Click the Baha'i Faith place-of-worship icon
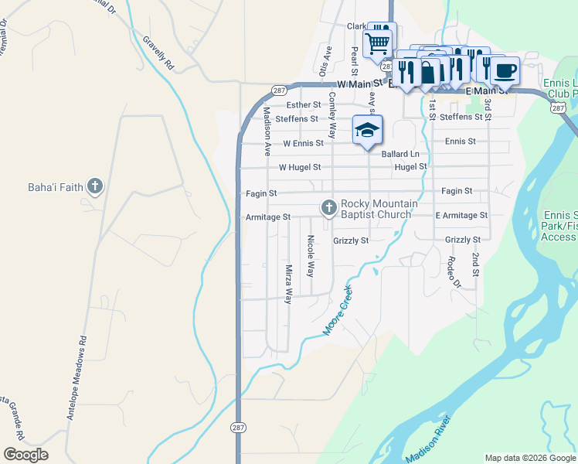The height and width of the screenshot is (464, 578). coord(94,186)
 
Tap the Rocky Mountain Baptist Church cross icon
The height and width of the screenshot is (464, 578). coord(329,206)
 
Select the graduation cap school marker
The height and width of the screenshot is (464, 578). coord(368,130)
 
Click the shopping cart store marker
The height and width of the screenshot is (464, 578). coord(378,42)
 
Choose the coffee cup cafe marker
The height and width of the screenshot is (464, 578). coord(505,71)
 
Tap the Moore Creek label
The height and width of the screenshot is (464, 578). coord(338,311)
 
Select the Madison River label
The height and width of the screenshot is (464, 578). coord(432,438)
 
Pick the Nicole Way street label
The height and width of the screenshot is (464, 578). coord(311,257)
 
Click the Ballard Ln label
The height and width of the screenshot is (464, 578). coord(399,154)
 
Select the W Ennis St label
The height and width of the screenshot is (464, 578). coord(303,143)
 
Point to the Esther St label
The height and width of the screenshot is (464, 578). coord(303,104)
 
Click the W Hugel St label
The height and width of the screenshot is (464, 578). coord(299,167)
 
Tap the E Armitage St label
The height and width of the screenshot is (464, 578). coord(461,216)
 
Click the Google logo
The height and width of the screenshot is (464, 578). coord(25,455)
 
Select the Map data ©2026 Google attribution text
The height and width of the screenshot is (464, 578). coord(529,458)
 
